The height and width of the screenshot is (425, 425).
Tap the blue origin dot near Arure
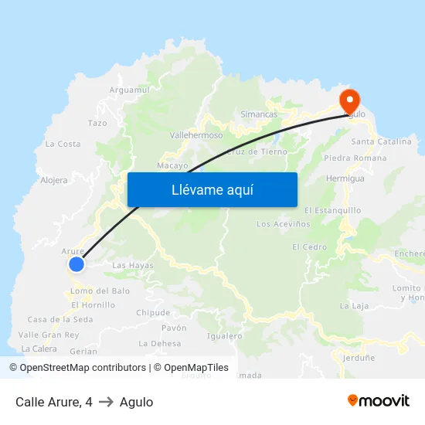tap(76, 264)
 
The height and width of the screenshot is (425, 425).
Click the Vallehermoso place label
tap(196, 134)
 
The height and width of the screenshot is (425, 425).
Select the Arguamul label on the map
tap(129, 90)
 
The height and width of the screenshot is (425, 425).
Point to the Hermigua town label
tap(345, 178)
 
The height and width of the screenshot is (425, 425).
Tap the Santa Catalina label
tap(382, 142)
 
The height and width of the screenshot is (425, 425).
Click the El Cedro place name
tap(309, 247)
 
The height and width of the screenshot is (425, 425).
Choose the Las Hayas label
tap(133, 266)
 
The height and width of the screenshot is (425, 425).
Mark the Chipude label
tap(153, 313)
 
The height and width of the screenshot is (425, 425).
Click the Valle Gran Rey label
tap(49, 335)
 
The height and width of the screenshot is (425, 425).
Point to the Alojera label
tap(54, 180)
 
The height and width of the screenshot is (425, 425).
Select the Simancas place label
tap(259, 114)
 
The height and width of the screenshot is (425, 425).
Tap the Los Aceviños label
tap(284, 224)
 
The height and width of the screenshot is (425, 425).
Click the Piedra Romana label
tap(355, 158)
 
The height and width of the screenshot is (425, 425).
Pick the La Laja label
tap(355, 305)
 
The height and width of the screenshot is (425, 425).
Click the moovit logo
tap(379, 401)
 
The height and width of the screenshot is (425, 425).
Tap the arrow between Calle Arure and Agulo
tap(106, 402)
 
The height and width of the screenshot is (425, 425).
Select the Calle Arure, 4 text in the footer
tap(54, 402)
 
